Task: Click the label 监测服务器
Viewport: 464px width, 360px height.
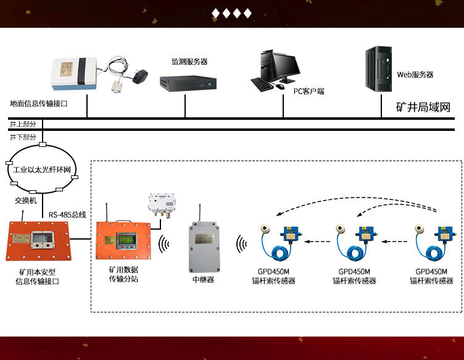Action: click(189, 62)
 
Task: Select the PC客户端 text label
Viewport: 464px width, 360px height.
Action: click(309, 91)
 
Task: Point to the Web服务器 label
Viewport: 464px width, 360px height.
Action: click(415, 75)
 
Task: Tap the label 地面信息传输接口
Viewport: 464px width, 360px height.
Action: click(39, 104)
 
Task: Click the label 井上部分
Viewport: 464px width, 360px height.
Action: click(23, 124)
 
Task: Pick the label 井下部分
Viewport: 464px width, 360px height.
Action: click(23, 136)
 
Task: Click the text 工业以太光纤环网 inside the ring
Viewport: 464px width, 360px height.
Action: click(42, 169)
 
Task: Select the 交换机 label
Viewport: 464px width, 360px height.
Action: click(26, 201)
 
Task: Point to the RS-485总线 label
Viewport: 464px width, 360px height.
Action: click(67, 215)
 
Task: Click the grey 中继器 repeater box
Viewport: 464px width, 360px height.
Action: click(206, 247)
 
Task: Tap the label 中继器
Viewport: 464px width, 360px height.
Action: click(203, 279)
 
